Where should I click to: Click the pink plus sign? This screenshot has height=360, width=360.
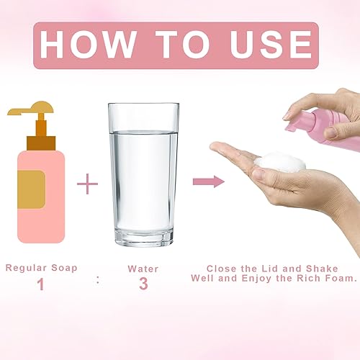pos(87,184)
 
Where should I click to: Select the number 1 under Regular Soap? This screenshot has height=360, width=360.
pos(41,284)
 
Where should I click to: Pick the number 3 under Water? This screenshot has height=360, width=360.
pos(143,284)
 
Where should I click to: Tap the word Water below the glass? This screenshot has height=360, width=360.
pos(143,268)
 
